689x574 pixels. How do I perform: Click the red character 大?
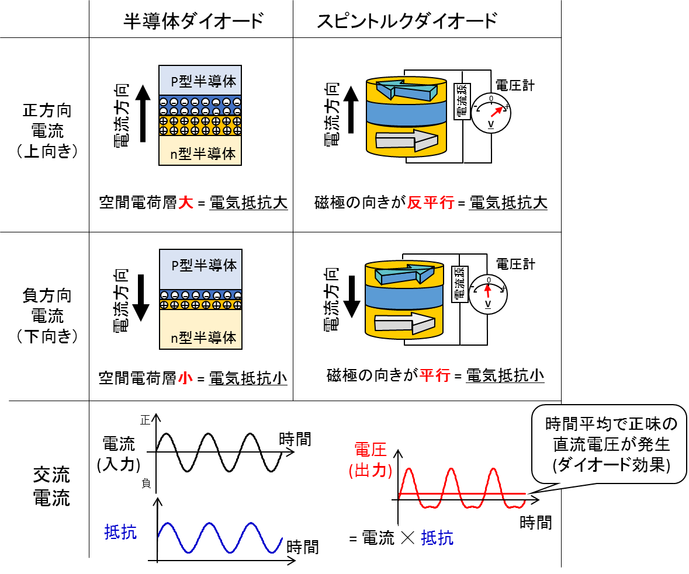point(185,203)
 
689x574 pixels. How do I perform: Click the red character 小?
point(185,378)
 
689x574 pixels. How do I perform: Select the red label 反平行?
point(430,203)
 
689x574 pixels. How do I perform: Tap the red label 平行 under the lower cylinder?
point(434,375)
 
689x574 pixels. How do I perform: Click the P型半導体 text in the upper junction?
point(203,81)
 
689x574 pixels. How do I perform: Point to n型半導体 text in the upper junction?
point(203,154)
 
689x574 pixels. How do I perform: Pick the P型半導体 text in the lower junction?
point(203,265)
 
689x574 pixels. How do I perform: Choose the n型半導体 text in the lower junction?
point(203,338)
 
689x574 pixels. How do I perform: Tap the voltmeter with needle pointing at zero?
point(488,294)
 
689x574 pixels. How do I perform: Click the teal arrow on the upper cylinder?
point(406,91)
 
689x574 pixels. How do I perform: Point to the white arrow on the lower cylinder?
point(404,323)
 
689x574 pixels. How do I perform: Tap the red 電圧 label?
point(371,450)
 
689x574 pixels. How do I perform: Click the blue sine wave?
point(220,537)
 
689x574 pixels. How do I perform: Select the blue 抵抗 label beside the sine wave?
point(120,532)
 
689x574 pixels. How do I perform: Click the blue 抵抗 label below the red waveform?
point(437,538)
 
